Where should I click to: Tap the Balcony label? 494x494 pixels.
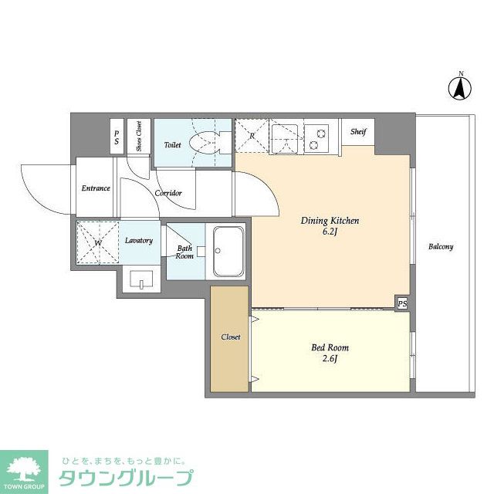pyautogui.click(x=441, y=247)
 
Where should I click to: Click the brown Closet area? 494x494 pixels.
pyautogui.click(x=231, y=337)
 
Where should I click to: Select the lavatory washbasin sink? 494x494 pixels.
pyautogui.click(x=141, y=280)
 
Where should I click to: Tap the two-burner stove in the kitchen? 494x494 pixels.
pyautogui.click(x=316, y=137)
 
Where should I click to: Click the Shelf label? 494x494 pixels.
pyautogui.click(x=358, y=132)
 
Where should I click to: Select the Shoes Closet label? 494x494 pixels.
pyautogui.click(x=138, y=136)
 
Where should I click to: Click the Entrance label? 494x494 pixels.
pyautogui.click(x=96, y=188)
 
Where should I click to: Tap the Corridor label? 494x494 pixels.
pyautogui.click(x=168, y=193)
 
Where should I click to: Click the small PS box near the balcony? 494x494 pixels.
pyautogui.click(x=402, y=303)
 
